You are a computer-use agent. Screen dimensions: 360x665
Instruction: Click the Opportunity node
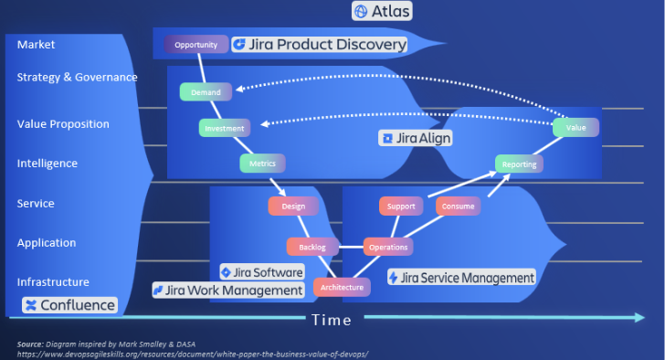(x=195, y=44)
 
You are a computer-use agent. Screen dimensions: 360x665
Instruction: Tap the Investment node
(x=225, y=128)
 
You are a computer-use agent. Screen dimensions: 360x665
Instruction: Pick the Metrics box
(x=262, y=164)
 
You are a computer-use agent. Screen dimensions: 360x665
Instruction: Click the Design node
(x=292, y=206)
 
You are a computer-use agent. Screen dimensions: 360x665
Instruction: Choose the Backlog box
(x=312, y=247)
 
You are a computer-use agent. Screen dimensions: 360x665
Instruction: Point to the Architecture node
(x=343, y=287)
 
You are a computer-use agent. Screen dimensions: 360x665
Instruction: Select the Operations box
(x=388, y=247)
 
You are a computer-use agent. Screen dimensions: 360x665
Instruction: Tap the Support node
(x=401, y=206)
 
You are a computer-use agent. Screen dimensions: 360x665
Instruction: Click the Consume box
(x=459, y=206)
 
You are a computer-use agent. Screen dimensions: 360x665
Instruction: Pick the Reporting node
(x=520, y=164)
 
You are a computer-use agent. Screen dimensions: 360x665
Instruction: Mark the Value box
(x=575, y=127)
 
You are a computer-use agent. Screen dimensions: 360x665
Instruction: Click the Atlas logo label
(x=382, y=11)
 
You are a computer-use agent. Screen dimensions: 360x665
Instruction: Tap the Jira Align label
(x=416, y=138)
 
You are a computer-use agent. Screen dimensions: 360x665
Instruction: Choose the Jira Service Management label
(x=461, y=277)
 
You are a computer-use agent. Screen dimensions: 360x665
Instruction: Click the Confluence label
(x=69, y=305)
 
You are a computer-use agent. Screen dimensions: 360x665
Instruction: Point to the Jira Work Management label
(x=228, y=290)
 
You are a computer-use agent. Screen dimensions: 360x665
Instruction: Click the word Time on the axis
(x=332, y=320)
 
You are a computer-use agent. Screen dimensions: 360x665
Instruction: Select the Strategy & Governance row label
(x=77, y=77)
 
